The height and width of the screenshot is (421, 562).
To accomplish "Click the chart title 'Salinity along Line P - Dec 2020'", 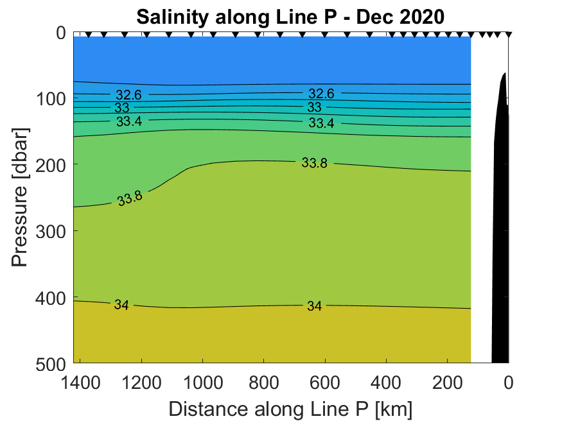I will [290, 15].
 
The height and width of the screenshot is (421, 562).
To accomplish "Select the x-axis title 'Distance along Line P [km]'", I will [290, 408].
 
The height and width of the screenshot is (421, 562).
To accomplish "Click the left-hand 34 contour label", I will [121, 305].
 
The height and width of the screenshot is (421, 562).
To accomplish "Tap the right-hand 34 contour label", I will [314, 307].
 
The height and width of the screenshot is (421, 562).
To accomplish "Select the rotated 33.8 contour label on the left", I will [130, 198].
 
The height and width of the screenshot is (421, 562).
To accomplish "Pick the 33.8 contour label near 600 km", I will [314, 163].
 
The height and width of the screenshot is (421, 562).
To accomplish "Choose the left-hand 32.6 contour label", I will [128, 95].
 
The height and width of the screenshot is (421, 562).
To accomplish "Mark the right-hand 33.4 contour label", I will [321, 123].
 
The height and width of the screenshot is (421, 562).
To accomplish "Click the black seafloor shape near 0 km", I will [500, 225].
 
